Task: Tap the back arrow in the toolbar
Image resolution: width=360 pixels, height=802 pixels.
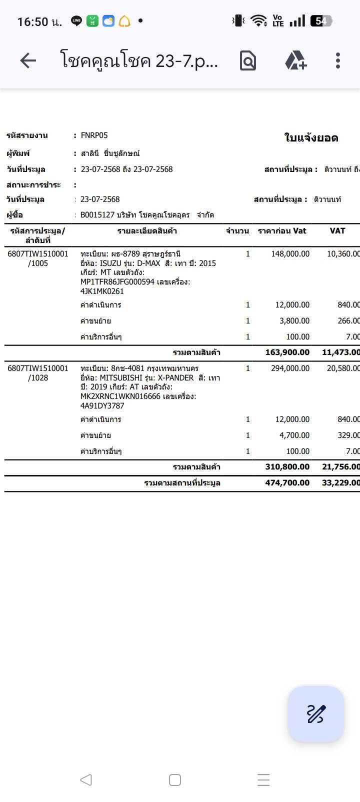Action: tap(28, 61)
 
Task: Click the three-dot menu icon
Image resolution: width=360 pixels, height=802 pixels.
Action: tap(338, 60)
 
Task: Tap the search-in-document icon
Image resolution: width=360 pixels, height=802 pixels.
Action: tap(248, 61)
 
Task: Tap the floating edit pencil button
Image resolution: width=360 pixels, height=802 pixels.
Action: tap(315, 713)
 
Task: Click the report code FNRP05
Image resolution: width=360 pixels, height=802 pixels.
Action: tap(94, 135)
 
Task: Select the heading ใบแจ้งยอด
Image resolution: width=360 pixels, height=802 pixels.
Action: tap(311, 138)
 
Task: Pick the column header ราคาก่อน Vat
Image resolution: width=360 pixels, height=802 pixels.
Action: tap(282, 231)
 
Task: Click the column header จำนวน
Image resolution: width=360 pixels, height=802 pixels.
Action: tap(237, 231)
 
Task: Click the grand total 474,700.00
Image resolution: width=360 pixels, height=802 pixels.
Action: tap(287, 483)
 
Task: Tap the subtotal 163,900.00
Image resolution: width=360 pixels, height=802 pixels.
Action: tap(287, 352)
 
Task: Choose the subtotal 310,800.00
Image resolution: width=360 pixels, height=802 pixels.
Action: tap(287, 467)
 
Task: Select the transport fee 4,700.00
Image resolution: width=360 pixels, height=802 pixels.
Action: tap(294, 435)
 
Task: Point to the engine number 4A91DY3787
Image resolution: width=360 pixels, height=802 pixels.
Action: tap(102, 406)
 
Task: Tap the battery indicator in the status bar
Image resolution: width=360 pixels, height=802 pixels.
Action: tap(320, 21)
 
